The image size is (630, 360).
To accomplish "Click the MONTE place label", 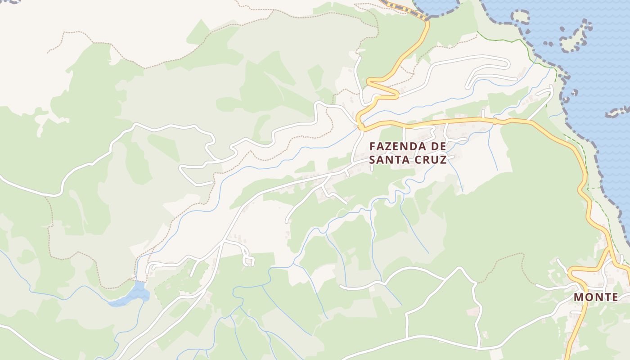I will pyautogui.click(x=596, y=297).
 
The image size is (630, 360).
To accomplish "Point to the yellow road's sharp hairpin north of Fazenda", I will pyautogui.click(x=396, y=94).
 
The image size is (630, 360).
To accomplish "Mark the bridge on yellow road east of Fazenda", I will pyautogui.click(x=495, y=121).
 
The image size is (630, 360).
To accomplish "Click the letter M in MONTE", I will pyautogui.click(x=579, y=297).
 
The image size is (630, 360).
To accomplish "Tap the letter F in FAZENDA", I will pyautogui.click(x=372, y=147).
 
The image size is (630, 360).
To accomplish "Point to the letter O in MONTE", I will pyautogui.click(x=588, y=297).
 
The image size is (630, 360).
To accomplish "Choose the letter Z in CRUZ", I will pyautogui.click(x=443, y=160).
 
